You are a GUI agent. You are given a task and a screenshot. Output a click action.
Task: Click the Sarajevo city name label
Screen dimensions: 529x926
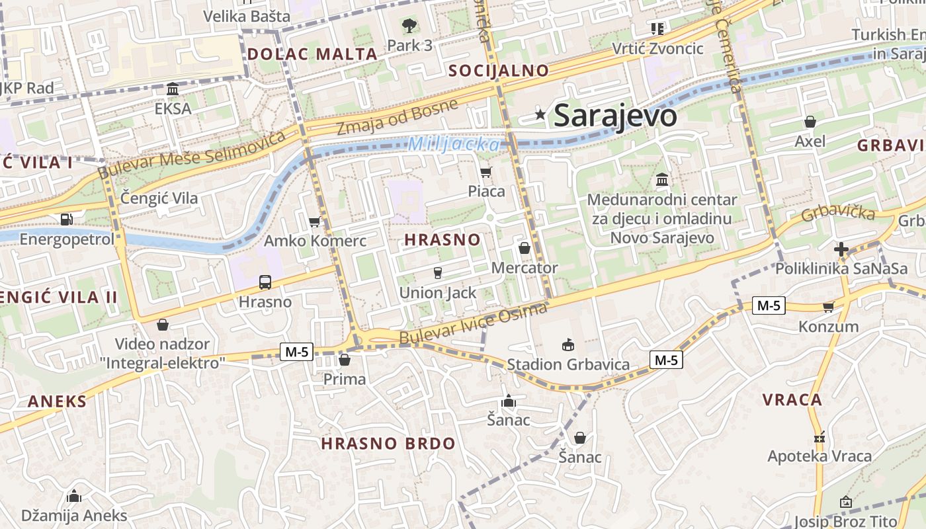pos(615,116)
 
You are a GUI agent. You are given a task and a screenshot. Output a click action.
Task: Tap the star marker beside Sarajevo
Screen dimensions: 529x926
pos(540,115)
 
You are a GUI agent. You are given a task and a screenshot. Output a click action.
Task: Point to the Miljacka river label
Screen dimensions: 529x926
pos(454,143)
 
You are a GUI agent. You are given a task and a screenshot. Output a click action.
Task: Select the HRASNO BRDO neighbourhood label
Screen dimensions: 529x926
pos(388,443)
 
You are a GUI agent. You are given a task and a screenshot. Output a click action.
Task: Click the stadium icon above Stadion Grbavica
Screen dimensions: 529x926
pos(568,345)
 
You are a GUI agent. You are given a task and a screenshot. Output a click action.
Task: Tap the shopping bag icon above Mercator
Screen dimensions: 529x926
pos(525,248)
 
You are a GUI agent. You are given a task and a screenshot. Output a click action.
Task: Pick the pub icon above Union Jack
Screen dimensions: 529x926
pos(437,272)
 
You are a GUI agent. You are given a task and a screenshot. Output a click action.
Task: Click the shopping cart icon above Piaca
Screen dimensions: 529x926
pos(486,173)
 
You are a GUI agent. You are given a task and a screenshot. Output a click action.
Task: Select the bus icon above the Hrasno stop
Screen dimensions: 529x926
pos(265,282)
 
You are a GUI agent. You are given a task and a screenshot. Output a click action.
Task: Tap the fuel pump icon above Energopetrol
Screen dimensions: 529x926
pos(66,219)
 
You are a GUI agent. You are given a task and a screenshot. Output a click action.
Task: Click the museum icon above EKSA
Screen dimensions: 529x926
pos(173,89)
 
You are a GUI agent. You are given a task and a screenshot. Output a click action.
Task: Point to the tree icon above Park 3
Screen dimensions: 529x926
pos(409,26)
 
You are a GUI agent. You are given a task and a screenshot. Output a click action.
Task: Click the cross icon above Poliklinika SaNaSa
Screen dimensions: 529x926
pos(841,249)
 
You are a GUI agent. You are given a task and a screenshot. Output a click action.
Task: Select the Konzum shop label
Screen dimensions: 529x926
pos(829,327)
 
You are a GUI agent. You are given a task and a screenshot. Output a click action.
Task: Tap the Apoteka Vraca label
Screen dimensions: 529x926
pos(820,456)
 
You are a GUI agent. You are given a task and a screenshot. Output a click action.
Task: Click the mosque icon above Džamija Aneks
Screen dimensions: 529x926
pos(74,496)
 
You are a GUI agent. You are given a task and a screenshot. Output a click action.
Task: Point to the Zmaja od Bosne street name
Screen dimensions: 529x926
pos(397,117)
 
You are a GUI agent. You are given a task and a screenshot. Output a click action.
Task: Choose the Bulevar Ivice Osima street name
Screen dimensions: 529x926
pos(474,324)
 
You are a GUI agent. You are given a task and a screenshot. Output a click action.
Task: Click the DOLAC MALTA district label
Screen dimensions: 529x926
pos(312,54)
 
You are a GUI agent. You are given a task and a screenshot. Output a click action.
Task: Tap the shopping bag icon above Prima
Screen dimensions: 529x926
pos(344,360)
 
